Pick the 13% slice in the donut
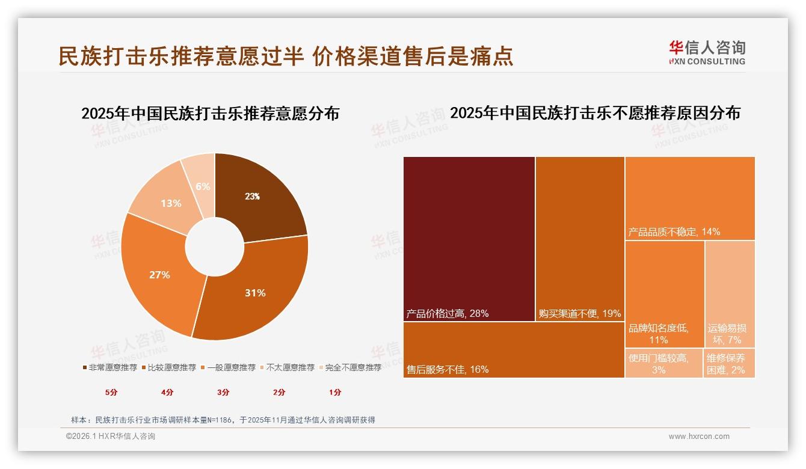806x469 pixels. [168, 201]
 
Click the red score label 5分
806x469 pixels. [111, 392]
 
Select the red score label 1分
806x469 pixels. [335, 392]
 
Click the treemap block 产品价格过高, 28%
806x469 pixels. [469, 239]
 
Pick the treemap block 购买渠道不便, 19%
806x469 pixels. [580, 239]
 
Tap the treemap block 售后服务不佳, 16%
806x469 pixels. [514, 350]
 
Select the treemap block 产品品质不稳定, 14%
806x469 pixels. [690, 198]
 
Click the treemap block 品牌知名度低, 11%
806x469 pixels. [664, 293]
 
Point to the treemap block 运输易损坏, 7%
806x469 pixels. [729, 293]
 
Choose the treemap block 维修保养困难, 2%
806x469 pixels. [729, 363]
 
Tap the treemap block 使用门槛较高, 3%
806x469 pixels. [663, 363]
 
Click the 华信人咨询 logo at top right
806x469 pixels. [707, 52]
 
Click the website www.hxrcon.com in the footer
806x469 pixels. [699, 437]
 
